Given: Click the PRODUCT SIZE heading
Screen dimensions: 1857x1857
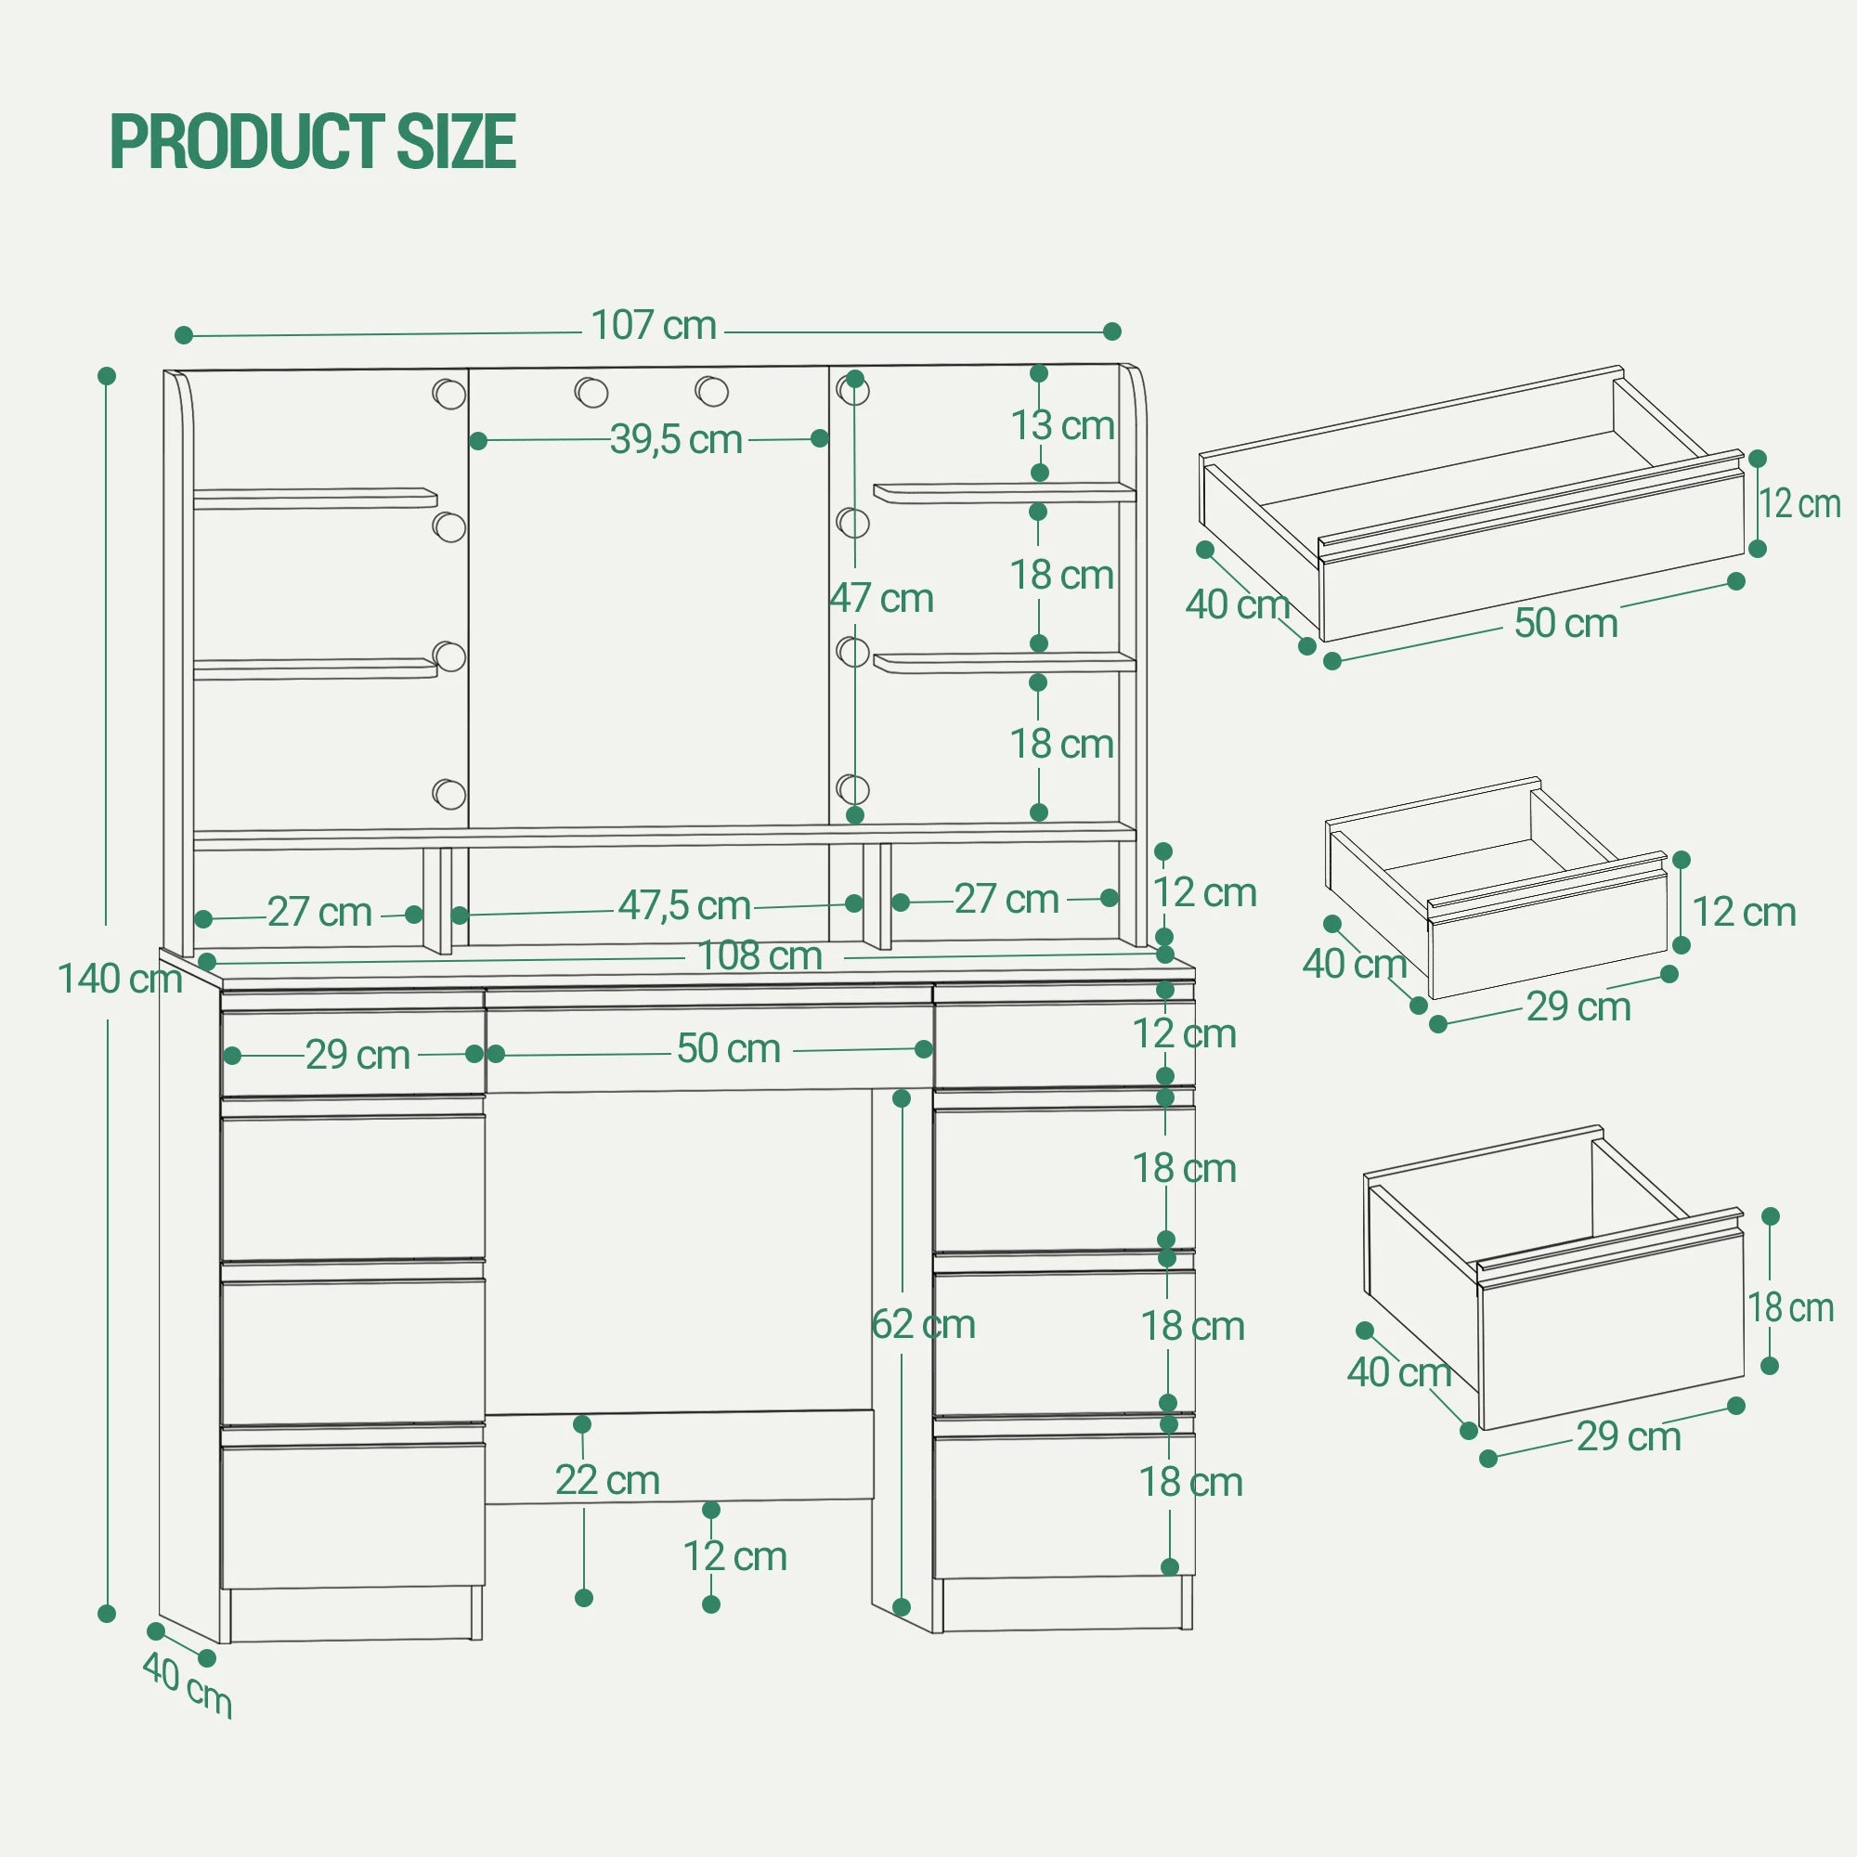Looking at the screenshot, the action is (313, 141).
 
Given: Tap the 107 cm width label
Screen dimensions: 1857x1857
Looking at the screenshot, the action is (654, 325).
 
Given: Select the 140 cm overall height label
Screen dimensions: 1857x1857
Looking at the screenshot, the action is (120, 979).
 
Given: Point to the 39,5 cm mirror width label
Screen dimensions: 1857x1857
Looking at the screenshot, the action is (676, 439).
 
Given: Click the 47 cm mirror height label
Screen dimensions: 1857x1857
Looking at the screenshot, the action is (881, 598).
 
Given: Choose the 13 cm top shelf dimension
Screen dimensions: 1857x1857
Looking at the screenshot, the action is (1062, 425).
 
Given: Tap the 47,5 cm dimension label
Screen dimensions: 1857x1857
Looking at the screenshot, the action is (683, 904).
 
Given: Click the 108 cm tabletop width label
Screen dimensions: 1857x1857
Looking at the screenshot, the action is (760, 955).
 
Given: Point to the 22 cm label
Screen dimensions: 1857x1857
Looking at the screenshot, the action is (607, 1479).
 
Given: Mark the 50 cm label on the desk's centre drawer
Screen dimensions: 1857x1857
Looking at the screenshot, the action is (729, 1047).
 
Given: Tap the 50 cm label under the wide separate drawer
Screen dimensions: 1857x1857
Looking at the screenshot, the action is (1565, 622).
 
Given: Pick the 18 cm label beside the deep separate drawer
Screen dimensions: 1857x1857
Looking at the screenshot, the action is (1791, 1307).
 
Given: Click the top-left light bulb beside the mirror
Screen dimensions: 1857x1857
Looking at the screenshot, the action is (448, 393).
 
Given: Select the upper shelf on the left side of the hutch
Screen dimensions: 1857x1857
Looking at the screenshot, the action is (316, 498).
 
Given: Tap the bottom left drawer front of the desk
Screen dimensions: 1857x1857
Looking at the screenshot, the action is (353, 1516).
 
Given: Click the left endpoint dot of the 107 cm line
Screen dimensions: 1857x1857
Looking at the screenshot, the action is (185, 335).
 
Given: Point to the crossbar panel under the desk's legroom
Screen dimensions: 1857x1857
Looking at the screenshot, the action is (680, 1456).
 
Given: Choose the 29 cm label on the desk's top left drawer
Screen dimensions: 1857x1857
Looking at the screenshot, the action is (357, 1055).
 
